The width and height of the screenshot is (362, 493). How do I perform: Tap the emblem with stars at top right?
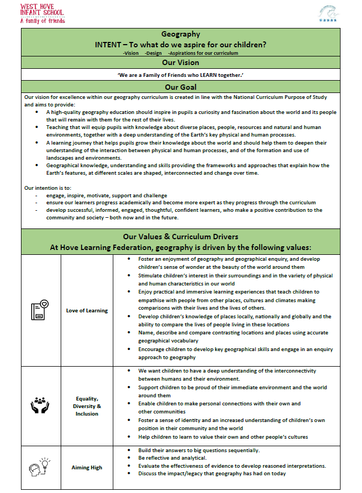click(x=328, y=13)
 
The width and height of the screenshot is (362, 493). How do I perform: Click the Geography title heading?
click(x=180, y=34)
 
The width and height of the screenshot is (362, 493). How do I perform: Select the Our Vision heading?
click(x=180, y=62)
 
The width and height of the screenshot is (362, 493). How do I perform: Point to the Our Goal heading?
click(x=180, y=87)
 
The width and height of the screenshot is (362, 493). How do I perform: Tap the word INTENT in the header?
click(x=110, y=44)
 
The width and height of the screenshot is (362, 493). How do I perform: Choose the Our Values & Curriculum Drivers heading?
click(x=180, y=237)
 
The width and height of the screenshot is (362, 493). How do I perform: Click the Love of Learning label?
click(x=87, y=310)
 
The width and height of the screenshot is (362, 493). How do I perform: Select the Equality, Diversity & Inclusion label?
click(x=87, y=406)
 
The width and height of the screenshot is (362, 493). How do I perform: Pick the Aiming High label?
click(x=87, y=467)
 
